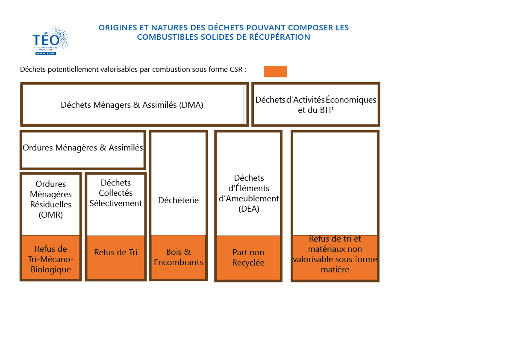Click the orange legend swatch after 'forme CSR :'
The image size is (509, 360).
[275, 71]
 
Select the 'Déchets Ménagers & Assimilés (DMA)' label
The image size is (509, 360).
[132, 105]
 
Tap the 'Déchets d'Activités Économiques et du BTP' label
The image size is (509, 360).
[316, 105]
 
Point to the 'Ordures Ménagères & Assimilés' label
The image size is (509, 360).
[82, 148]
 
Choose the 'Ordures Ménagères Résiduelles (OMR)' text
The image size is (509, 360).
[51, 199]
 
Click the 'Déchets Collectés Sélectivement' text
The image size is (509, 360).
[116, 193]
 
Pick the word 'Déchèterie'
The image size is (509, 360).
[178, 200]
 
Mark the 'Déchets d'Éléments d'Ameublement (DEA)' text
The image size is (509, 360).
[249, 193]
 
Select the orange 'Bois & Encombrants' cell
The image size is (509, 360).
[178, 257]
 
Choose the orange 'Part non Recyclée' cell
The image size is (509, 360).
[248, 258]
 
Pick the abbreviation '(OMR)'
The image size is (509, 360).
[51, 215]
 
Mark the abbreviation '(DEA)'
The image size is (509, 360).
[249, 209]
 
